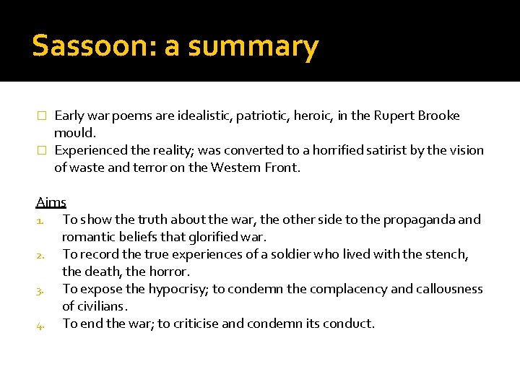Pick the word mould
click(74, 133)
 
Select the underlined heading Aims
click(51, 202)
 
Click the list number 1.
click(40, 220)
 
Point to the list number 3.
click(40, 289)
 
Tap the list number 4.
click(40, 324)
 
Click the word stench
click(448, 254)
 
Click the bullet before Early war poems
click(41, 116)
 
